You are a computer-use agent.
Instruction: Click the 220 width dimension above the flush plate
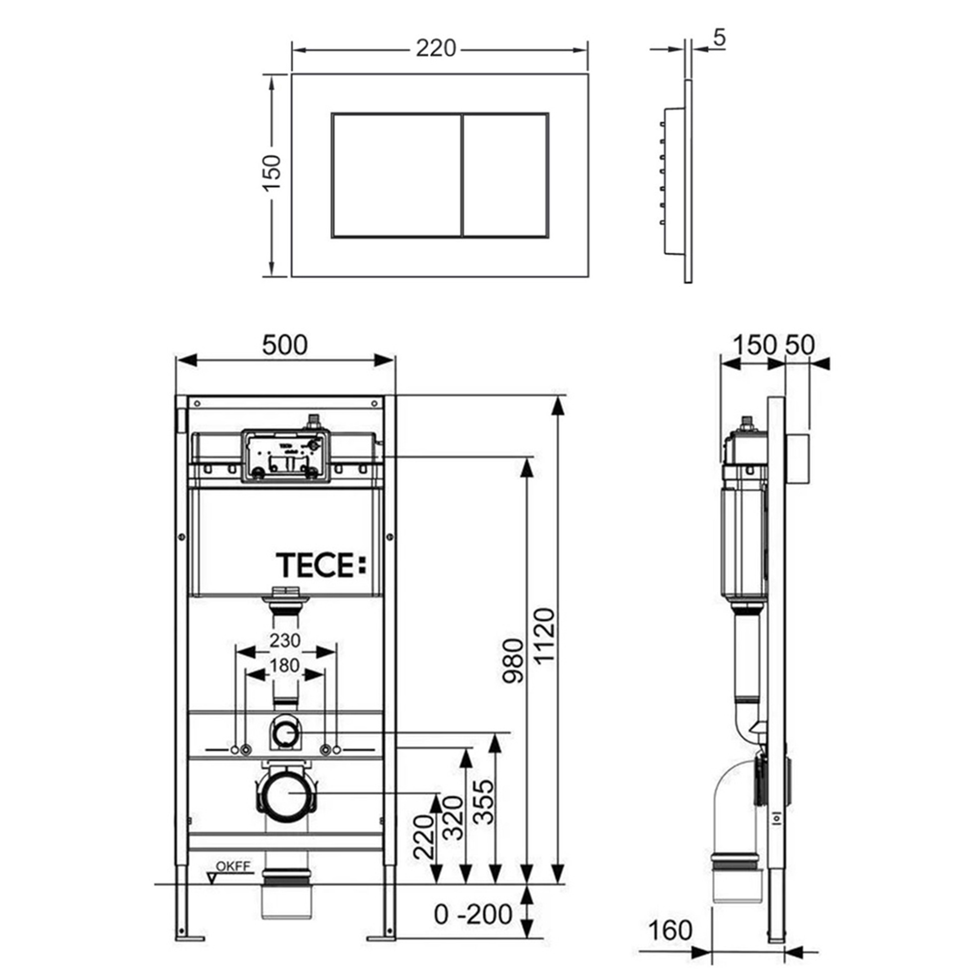coord(436,49)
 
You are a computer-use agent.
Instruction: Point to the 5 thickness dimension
coord(719,39)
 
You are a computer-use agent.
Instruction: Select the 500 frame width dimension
coord(285,345)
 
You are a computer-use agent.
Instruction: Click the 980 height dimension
coord(514,661)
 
